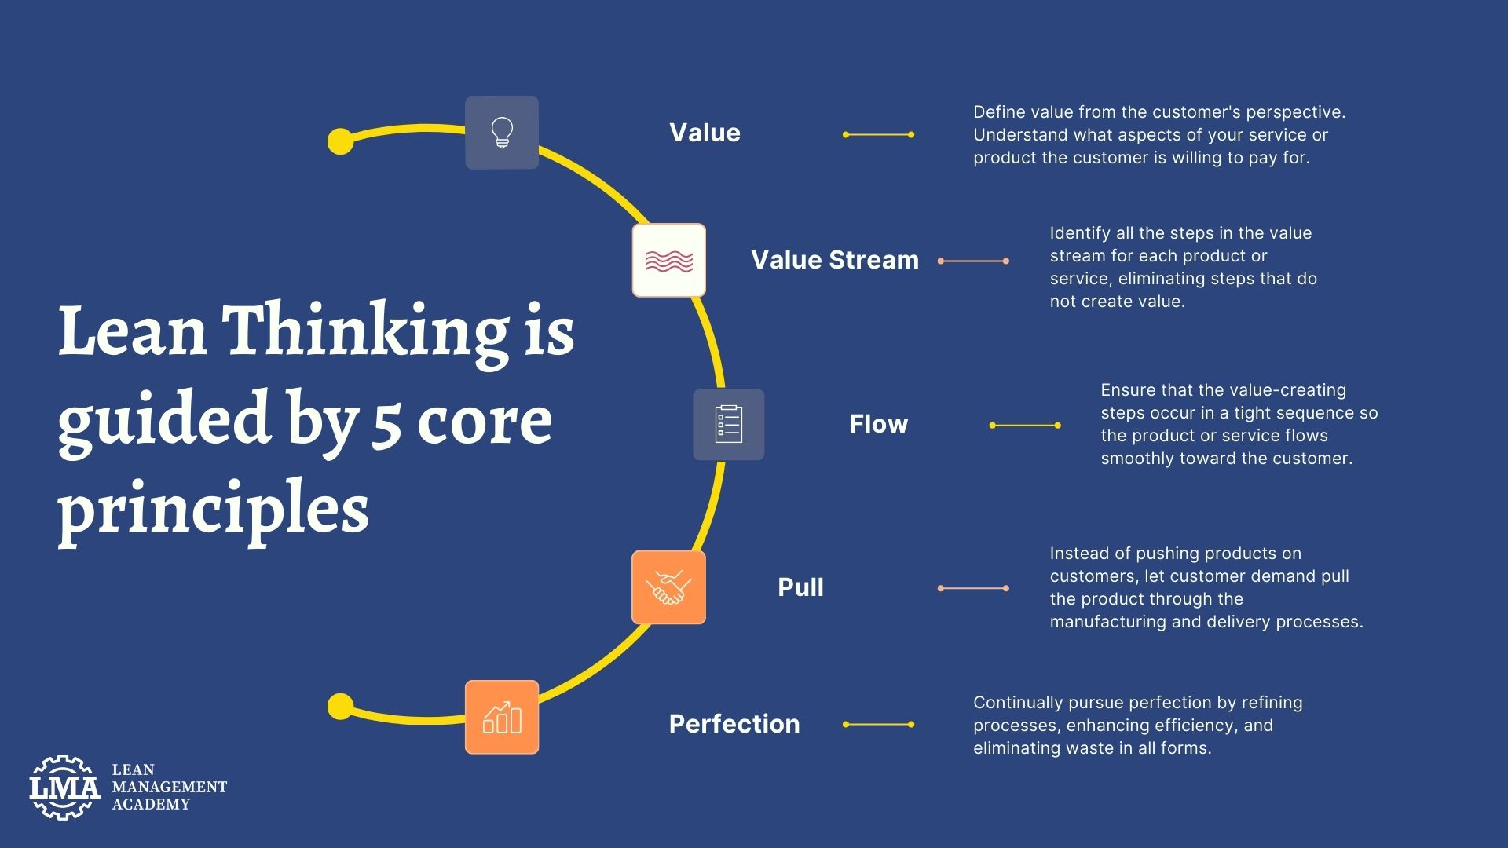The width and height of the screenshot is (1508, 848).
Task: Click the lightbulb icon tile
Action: point(502,133)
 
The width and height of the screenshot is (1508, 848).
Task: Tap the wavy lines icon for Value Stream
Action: point(668,260)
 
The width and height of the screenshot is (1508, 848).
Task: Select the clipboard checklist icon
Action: point(728,424)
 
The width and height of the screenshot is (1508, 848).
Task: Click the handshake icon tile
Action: point(668,587)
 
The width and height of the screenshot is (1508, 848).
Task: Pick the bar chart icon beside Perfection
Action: point(502,717)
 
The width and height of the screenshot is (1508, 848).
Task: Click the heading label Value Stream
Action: point(834,260)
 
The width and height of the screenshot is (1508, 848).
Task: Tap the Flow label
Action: point(878,424)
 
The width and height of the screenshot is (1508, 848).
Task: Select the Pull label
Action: point(800,587)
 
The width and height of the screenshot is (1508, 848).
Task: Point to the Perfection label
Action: point(734,724)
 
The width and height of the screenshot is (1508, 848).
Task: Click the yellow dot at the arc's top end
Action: point(340,141)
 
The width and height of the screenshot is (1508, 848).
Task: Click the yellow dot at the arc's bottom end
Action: point(340,706)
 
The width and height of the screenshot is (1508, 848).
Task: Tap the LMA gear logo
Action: point(64,787)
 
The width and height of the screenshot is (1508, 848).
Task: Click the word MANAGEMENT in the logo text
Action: point(169,787)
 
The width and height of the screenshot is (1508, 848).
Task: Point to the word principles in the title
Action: point(213,509)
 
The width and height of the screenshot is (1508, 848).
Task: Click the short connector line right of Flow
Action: point(1025,426)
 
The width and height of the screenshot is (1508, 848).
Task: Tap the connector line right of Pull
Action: point(973,588)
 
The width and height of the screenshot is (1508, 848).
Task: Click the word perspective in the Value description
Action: point(1298,112)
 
